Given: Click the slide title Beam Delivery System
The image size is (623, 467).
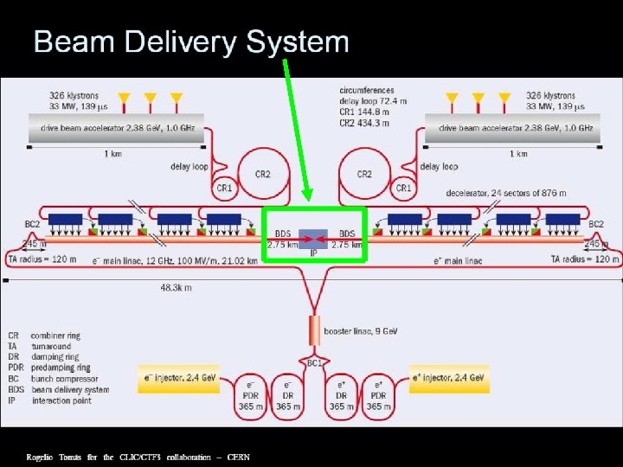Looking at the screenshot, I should point(190,42).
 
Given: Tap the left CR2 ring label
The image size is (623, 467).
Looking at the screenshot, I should point(262,174).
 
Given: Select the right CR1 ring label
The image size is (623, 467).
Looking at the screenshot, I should point(402,188).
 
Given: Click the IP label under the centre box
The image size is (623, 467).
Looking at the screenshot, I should point(314,253).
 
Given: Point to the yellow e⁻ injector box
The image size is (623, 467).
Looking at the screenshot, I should point(180,377).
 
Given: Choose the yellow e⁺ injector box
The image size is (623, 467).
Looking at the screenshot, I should point(449,377).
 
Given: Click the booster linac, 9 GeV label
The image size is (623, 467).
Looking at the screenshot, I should point(360,330).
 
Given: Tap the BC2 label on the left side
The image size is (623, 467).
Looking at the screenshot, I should point(32,224).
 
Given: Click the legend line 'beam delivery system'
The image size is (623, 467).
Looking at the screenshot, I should point(70,389).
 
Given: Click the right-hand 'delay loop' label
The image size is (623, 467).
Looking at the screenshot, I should point(440,166).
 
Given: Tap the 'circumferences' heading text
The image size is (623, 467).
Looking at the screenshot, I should point(367,90).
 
